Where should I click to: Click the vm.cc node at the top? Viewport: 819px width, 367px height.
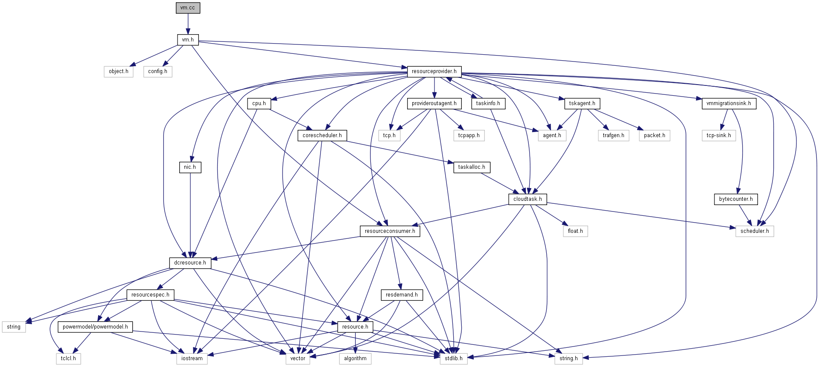click(188, 8)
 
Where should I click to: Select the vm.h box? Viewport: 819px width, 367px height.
click(188, 40)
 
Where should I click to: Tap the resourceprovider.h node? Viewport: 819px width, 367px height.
click(434, 71)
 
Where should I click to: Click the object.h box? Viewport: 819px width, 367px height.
click(119, 71)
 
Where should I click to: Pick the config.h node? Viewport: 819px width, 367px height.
click(157, 71)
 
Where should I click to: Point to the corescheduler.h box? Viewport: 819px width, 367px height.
click(322, 135)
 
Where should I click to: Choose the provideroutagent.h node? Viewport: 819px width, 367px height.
click(434, 103)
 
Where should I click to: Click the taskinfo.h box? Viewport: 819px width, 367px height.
click(488, 103)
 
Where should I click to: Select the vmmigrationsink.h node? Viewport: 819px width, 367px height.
click(729, 103)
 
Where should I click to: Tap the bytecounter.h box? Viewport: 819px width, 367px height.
click(736, 199)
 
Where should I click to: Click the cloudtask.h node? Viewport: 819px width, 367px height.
click(528, 199)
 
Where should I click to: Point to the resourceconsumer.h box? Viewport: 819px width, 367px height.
click(390, 231)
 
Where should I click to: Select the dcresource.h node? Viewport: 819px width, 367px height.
click(190, 263)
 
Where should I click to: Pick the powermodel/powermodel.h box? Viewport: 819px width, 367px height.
click(95, 327)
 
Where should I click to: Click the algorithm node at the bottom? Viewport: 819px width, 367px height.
click(355, 358)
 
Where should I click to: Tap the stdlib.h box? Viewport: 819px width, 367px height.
click(454, 358)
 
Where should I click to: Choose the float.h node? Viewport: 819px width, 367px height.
click(575, 231)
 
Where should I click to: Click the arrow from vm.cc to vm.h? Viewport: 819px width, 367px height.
click(188, 23)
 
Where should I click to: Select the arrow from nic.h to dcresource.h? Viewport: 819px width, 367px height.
click(190, 214)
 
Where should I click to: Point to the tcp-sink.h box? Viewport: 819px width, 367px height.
click(719, 135)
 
